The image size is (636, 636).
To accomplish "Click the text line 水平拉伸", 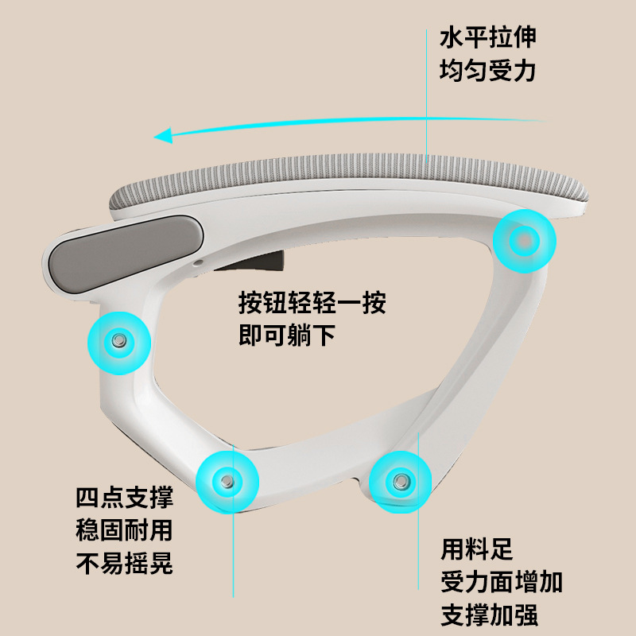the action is [488, 37].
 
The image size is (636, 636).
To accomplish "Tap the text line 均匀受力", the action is [488, 71].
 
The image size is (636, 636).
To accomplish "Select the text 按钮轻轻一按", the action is [312, 303].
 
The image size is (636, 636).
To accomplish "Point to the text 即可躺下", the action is [287, 335].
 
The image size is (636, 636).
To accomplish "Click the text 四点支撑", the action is [125, 498].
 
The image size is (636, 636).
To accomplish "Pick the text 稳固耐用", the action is [125, 530].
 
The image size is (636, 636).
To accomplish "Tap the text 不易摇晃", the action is [125, 563].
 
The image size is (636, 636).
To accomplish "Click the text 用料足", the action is [477, 549].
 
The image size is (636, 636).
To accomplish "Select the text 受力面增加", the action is [502, 582].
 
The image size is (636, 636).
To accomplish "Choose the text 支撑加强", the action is [490, 615].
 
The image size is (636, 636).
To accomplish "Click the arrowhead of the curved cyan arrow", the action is [164, 135].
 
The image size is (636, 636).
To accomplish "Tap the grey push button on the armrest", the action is [126, 253].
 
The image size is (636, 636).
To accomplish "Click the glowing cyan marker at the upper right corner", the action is [525, 241].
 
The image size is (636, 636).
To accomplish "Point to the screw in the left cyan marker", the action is [118, 340].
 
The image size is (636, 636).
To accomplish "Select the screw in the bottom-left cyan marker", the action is [227, 482].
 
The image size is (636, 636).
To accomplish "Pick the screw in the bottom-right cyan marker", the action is [401, 482].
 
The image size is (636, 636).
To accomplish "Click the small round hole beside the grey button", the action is [198, 263].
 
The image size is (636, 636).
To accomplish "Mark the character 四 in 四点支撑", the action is [87, 498].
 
